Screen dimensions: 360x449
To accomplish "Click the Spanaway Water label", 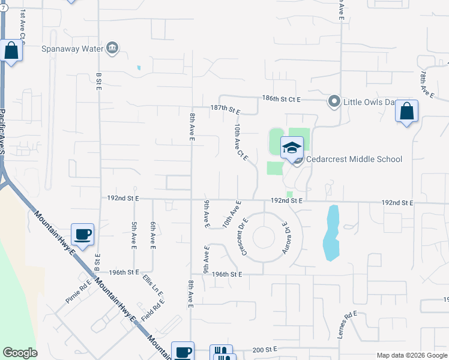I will (x=73, y=48).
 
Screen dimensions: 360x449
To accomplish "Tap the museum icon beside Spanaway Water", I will (x=112, y=48).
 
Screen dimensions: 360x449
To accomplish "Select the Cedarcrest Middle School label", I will (x=354, y=159).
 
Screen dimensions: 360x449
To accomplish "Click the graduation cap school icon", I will (x=292, y=148).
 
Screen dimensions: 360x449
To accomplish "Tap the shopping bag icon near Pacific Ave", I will (x=11, y=51).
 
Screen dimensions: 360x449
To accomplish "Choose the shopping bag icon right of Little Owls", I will (x=406, y=112).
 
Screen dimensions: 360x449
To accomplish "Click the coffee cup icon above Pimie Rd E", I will (x=82, y=235).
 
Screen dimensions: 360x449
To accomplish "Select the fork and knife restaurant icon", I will (x=221, y=353).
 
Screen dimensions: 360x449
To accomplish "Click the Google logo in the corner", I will (x=20, y=353).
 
